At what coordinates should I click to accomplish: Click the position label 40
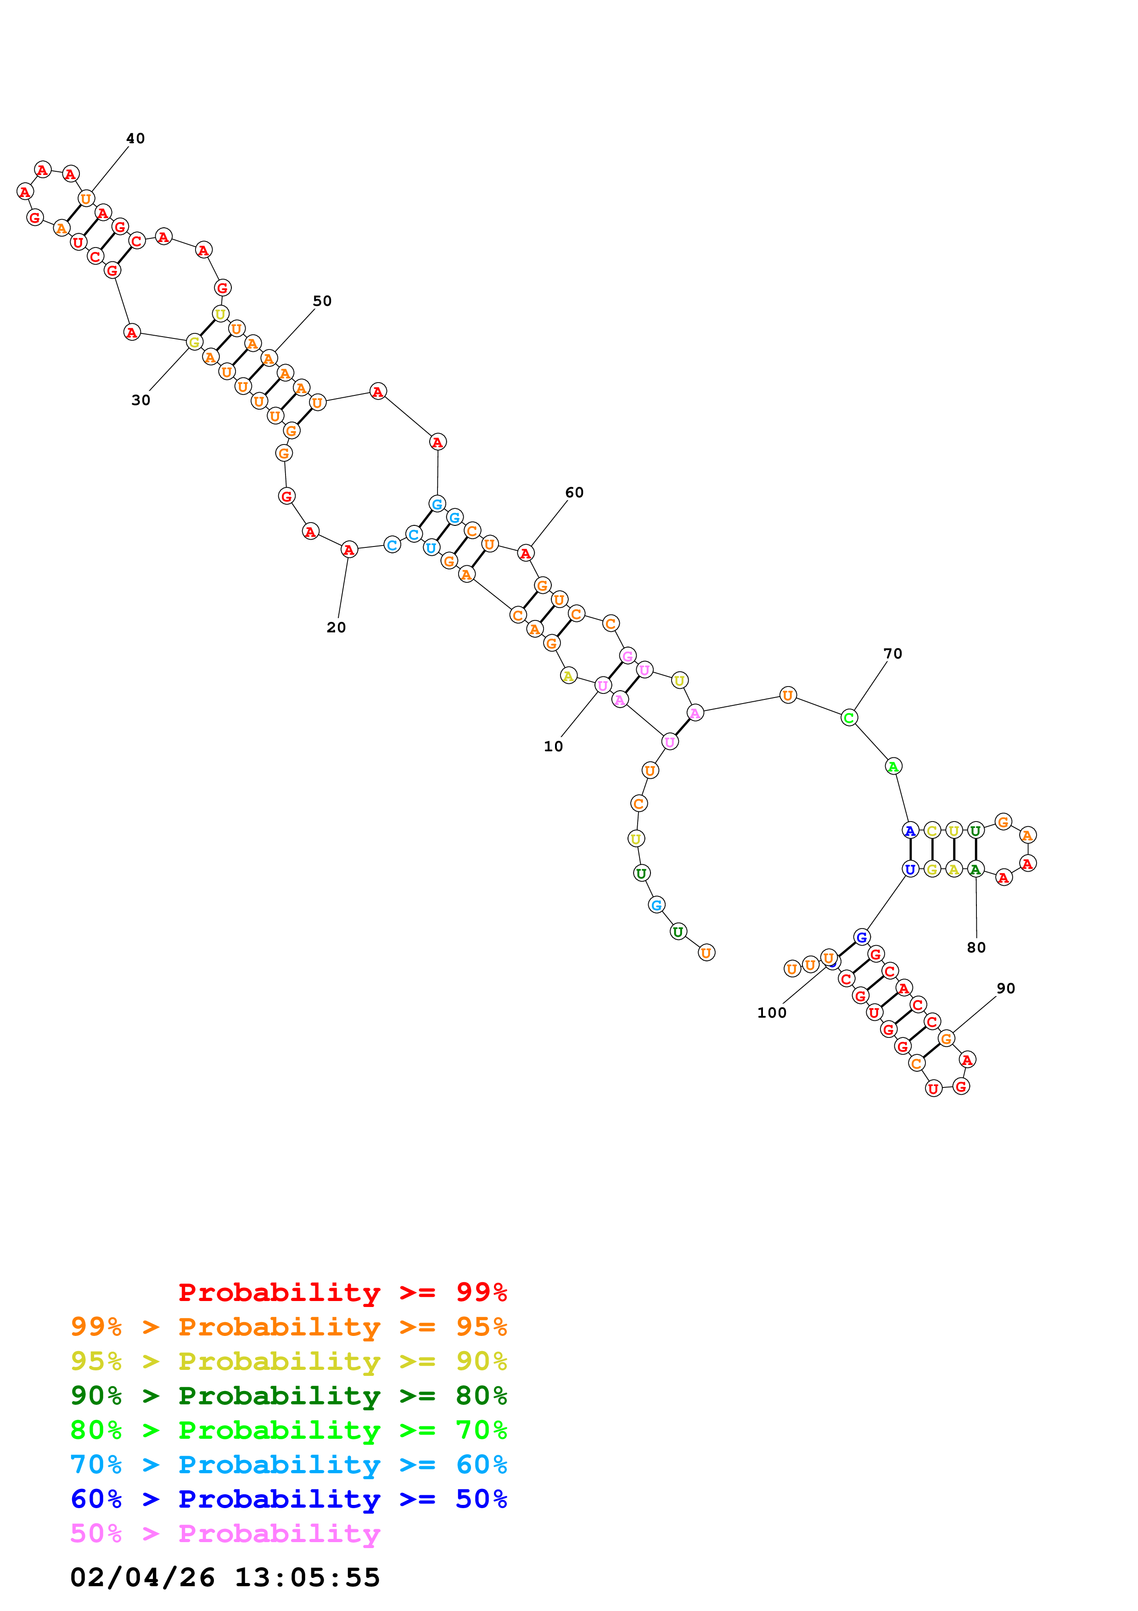pos(135,138)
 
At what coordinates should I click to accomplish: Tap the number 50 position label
pos(322,300)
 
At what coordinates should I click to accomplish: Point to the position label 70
pos(892,653)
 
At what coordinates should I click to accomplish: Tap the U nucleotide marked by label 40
pos(85,198)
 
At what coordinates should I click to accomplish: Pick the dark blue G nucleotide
pos(861,937)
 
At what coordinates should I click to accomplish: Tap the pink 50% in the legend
pos(96,1533)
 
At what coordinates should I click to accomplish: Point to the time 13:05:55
pos(307,1577)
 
